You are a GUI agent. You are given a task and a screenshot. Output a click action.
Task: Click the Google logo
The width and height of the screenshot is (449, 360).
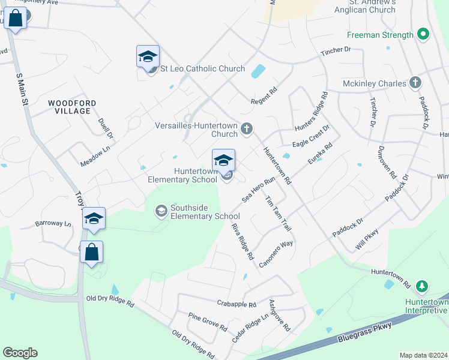click(x=20, y=353)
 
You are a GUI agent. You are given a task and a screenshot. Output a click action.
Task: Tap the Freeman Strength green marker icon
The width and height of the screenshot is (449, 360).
click(x=423, y=34)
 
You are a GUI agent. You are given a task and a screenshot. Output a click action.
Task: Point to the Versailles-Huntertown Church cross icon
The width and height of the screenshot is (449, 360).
click(x=246, y=128)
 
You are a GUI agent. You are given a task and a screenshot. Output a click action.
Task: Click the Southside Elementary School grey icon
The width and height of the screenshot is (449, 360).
click(x=161, y=211)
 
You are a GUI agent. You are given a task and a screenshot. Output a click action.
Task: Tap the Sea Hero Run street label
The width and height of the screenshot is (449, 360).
click(x=258, y=188)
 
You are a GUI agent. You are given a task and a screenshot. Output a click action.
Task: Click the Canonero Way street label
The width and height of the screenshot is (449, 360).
click(x=276, y=254)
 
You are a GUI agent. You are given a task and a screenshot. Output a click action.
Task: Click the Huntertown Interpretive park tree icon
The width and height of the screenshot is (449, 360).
click(x=423, y=286)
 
